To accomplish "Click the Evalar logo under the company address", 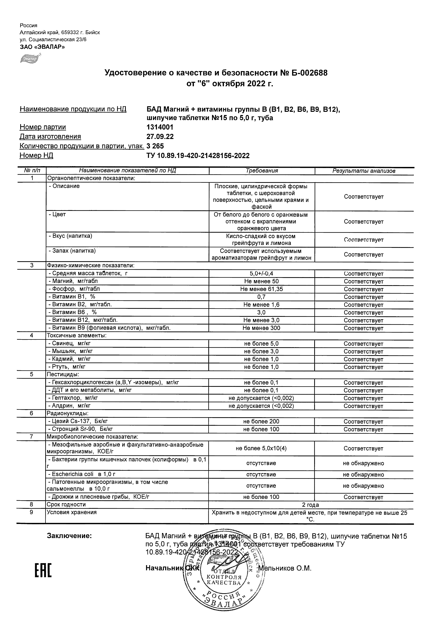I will pyautogui.click(x=30, y=58).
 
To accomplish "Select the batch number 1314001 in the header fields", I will pyautogui.click(x=160, y=127).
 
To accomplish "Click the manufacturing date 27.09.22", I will pyautogui.click(x=160, y=137).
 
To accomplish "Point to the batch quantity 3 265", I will pyautogui.click(x=155, y=146).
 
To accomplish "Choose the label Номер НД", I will pyautogui.click(x=36, y=155).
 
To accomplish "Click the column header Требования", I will pyautogui.click(x=261, y=171).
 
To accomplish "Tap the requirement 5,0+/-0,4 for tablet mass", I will pyautogui.click(x=261, y=273).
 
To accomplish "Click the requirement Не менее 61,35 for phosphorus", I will pyautogui.click(x=261, y=289).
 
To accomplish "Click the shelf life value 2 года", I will pyautogui.click(x=310, y=505).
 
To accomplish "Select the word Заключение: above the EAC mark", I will pyautogui.click(x=69, y=536).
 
